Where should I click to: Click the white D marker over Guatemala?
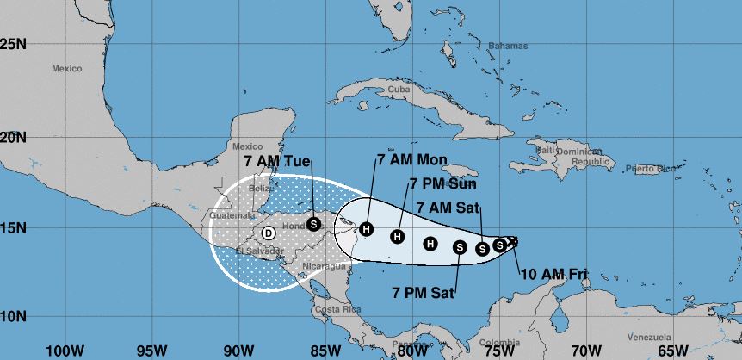[x=269, y=232]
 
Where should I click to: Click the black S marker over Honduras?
[x=313, y=224]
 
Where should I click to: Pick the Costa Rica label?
[x=331, y=308]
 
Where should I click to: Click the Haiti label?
[x=545, y=150]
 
